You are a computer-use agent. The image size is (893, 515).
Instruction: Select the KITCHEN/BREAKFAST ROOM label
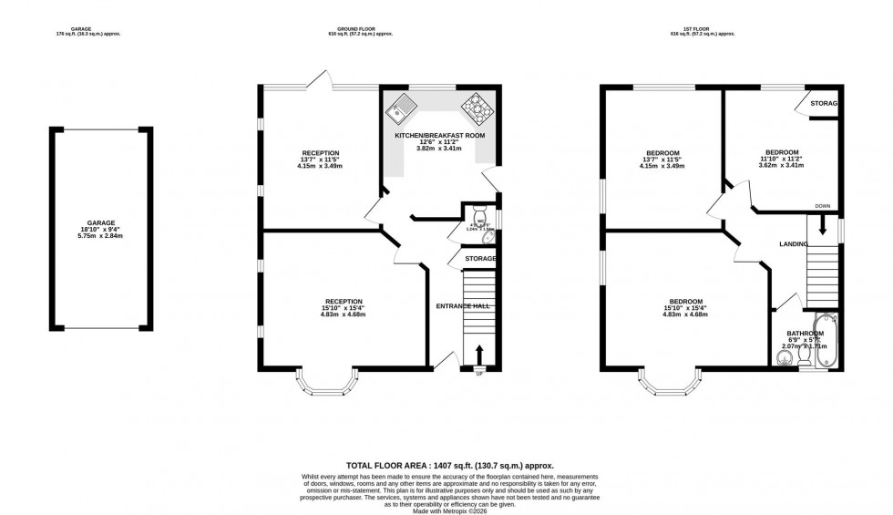[x=439, y=136]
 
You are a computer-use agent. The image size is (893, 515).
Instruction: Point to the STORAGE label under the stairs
[x=480, y=259]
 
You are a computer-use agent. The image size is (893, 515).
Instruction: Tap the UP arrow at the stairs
[x=479, y=355]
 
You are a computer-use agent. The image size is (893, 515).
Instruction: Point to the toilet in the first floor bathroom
[x=805, y=361]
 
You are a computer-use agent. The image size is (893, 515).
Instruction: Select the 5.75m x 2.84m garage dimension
[x=101, y=237]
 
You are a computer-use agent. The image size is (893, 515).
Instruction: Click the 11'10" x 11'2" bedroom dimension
[x=782, y=159]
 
